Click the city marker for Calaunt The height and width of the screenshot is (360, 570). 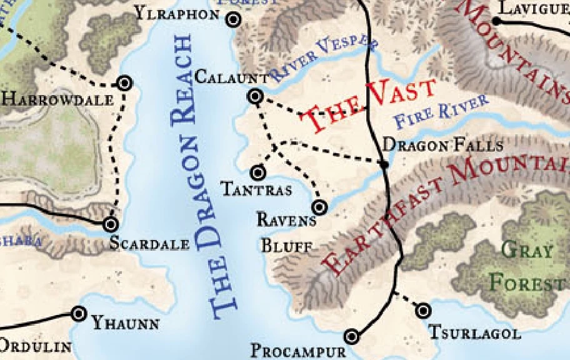(255, 96)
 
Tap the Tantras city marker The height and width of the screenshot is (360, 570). (257, 172)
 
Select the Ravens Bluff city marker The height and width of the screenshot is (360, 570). (319, 207)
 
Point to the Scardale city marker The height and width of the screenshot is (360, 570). (111, 224)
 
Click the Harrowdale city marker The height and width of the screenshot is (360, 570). (124, 82)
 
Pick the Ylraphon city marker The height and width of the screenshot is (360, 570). (234, 20)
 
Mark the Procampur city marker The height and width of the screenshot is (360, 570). (352, 337)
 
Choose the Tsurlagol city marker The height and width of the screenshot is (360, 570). (424, 310)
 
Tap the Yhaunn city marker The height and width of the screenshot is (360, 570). (79, 314)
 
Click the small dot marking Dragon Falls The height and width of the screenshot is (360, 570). (384, 164)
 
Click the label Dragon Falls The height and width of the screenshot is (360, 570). (442, 146)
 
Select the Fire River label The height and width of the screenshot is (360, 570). (441, 112)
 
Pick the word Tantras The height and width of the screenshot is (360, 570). (257, 189)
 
